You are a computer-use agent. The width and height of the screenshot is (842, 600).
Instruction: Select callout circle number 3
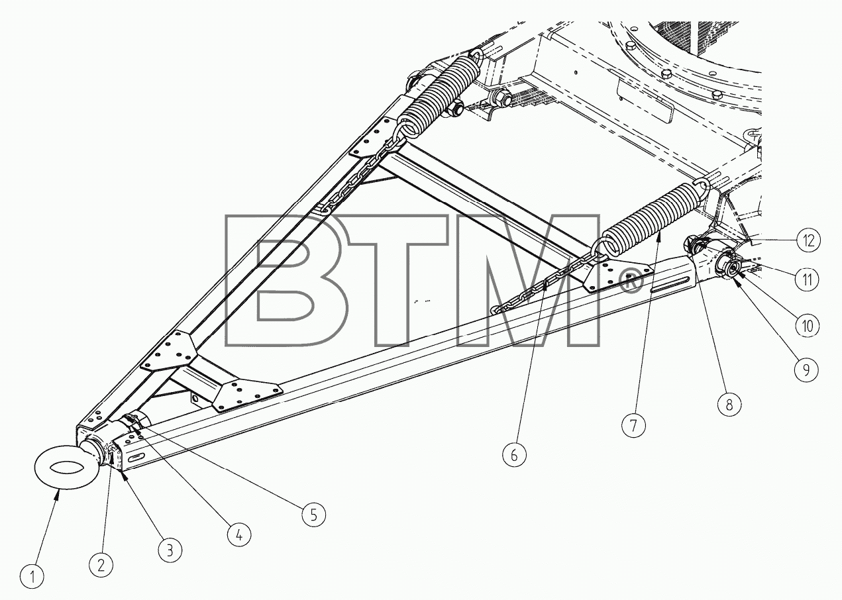coord(170,551)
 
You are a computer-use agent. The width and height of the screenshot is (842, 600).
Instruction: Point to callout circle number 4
coord(239,534)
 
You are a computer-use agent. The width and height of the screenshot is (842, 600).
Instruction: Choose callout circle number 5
coord(313,515)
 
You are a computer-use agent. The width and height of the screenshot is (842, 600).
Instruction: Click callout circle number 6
coord(514,455)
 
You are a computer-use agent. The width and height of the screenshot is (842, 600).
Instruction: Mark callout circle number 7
coord(634,425)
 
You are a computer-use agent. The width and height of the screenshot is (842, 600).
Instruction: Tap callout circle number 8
coord(729,405)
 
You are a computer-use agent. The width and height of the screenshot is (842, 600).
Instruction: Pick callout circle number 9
coord(806,370)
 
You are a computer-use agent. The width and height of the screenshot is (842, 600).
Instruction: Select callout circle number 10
coord(808,326)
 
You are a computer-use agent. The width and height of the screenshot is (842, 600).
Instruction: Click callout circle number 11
coord(807,279)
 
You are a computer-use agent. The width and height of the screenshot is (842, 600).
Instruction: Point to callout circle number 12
coord(808,240)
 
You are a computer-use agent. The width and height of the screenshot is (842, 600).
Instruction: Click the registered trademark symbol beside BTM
coord(633,281)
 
